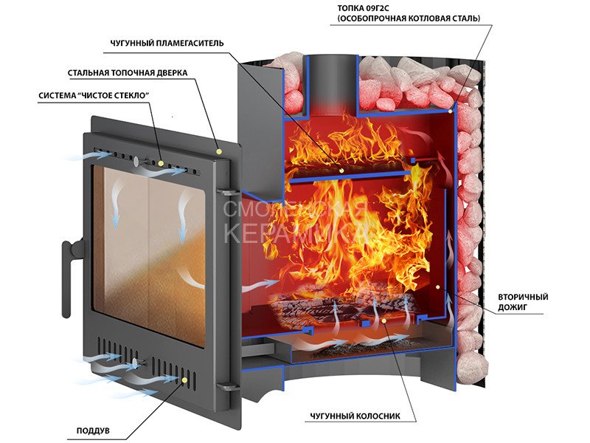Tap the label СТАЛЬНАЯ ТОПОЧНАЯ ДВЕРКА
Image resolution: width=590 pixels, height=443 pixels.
tap(128, 73)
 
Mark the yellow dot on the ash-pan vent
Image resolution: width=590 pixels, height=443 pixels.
tap(184, 381)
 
